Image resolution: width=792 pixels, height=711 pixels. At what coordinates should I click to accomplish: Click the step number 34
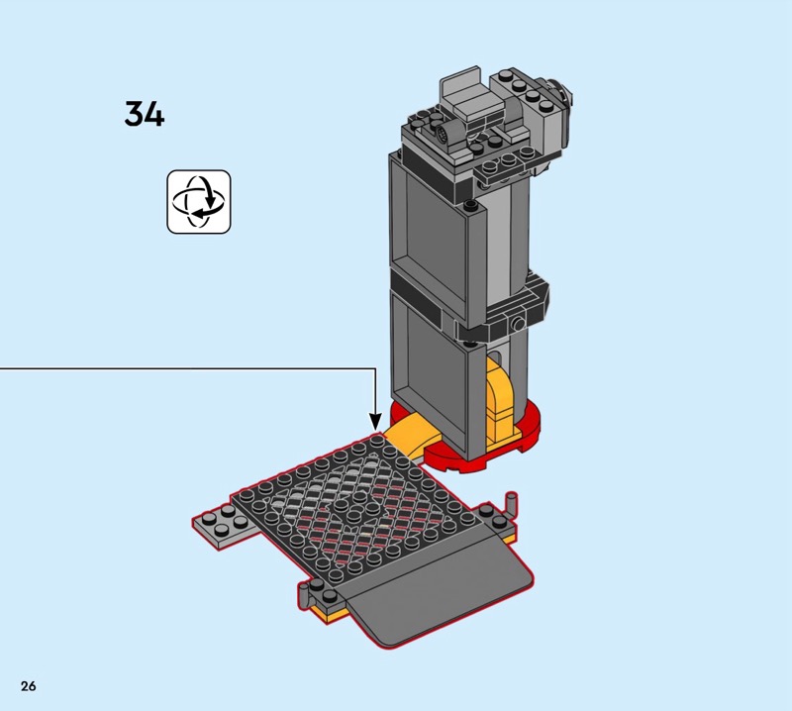pyautogui.click(x=145, y=114)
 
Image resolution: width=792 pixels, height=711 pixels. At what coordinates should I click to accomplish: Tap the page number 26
pyautogui.click(x=29, y=685)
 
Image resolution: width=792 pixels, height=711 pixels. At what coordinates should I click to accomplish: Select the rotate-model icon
pyautogui.click(x=199, y=202)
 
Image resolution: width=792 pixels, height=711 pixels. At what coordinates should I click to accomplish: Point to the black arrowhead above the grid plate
pyautogui.click(x=375, y=422)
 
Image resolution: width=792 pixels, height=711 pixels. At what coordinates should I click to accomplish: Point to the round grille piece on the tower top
pyautogui.click(x=444, y=135)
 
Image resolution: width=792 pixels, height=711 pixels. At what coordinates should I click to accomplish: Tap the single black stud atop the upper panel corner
pyautogui.click(x=471, y=205)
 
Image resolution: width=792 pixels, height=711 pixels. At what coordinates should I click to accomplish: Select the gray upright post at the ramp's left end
pyautogui.click(x=303, y=595)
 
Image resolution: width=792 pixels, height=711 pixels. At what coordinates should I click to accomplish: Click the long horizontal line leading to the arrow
pyautogui.click(x=188, y=368)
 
